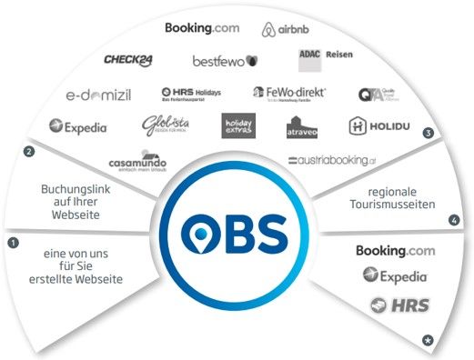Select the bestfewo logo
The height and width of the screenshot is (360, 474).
(225, 61)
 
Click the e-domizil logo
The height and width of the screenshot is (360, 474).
(101, 94)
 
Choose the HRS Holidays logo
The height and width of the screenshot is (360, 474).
(190, 94)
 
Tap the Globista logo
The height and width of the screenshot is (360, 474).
(164, 126)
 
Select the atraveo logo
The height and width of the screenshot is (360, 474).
(303, 129)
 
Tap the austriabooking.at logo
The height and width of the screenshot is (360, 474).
(330, 160)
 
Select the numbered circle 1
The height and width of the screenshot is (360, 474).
(13, 243)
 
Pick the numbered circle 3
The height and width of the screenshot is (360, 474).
(428, 133)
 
